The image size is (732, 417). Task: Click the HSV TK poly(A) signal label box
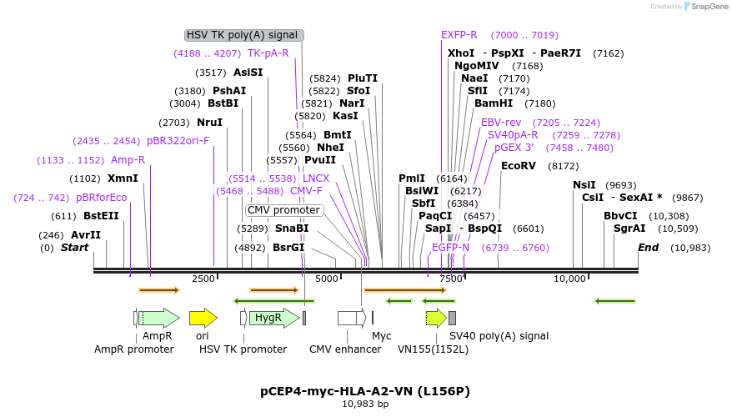click(x=243, y=35)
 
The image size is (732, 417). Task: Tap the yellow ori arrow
click(x=203, y=318)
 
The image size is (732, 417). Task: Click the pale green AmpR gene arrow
click(x=158, y=318)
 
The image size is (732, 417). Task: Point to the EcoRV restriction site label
click(x=518, y=166)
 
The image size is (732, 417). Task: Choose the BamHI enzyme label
click(x=494, y=103)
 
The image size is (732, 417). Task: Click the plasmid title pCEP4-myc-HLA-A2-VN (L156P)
click(x=365, y=390)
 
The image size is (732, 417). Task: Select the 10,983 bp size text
click(x=365, y=404)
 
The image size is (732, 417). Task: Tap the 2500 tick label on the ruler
click(x=203, y=279)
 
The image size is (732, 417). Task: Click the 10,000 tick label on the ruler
click(x=571, y=279)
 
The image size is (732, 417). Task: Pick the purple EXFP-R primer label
click(x=459, y=35)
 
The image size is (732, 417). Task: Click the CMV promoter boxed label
click(x=283, y=210)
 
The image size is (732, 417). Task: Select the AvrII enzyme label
click(x=85, y=235)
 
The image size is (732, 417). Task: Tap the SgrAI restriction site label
click(x=629, y=229)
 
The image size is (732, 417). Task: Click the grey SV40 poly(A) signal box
click(x=452, y=318)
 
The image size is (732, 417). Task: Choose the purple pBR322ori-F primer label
click(x=178, y=141)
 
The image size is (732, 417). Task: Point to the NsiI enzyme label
click(x=584, y=185)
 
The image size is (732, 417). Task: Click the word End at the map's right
click(x=649, y=248)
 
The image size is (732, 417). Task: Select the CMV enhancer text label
click(x=345, y=349)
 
